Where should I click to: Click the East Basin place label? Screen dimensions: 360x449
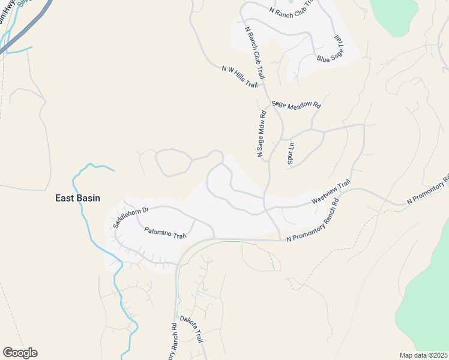pyautogui.click(x=77, y=198)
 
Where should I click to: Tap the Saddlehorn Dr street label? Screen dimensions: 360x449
pyautogui.click(x=130, y=217)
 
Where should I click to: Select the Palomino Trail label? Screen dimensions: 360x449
pyautogui.click(x=166, y=233)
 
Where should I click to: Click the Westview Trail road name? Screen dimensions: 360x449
pyautogui.click(x=330, y=193)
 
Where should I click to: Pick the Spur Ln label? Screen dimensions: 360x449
pyautogui.click(x=291, y=153)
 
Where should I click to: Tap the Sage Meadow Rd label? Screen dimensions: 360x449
pyautogui.click(x=296, y=104)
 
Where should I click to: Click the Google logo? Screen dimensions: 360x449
pyautogui.click(x=20, y=353)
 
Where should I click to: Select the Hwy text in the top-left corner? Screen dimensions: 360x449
pyautogui.click(x=8, y=5)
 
